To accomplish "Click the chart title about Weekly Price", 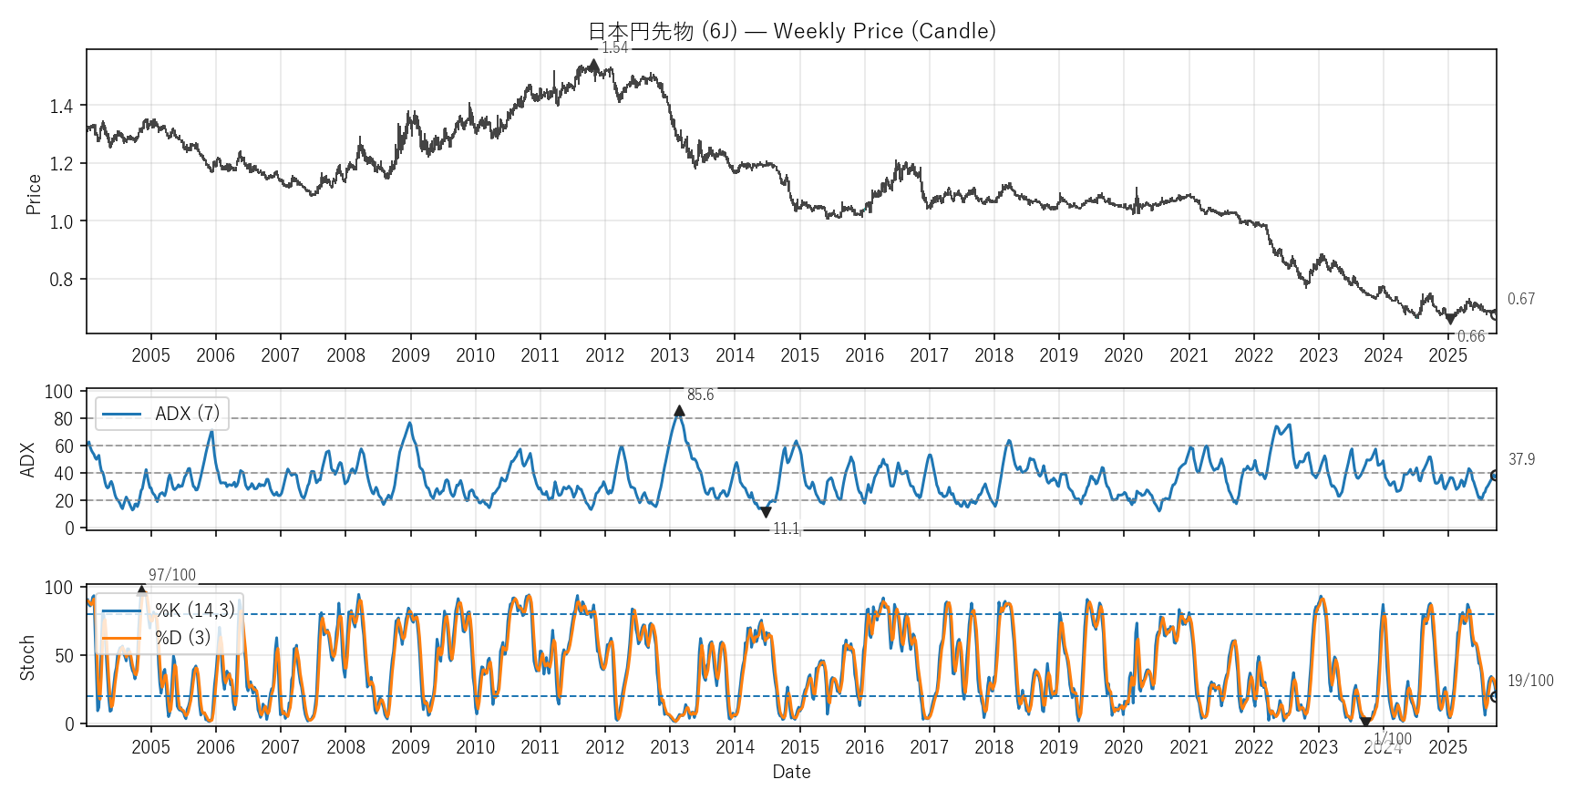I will [x=791, y=31].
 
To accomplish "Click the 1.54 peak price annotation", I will [x=615, y=47].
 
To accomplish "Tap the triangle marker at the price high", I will [x=594, y=65].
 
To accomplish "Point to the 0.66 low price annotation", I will [x=1471, y=336].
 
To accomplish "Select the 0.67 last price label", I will [x=1520, y=299].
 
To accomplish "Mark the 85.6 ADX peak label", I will [x=700, y=395].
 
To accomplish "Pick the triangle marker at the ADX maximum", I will [x=679, y=411].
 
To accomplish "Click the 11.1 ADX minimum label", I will [x=786, y=528].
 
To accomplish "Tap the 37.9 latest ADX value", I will [x=1521, y=459].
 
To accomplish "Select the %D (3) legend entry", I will [x=182, y=637].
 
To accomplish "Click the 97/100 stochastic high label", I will [x=172, y=575].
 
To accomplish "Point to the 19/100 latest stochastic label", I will [x=1530, y=681].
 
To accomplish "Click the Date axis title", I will [x=791, y=772].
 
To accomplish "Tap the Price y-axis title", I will [x=34, y=194].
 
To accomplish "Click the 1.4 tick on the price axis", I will [x=61, y=107].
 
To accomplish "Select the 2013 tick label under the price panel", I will [x=670, y=355].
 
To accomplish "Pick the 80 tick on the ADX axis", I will [x=64, y=419].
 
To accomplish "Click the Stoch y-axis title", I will [x=27, y=657].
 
